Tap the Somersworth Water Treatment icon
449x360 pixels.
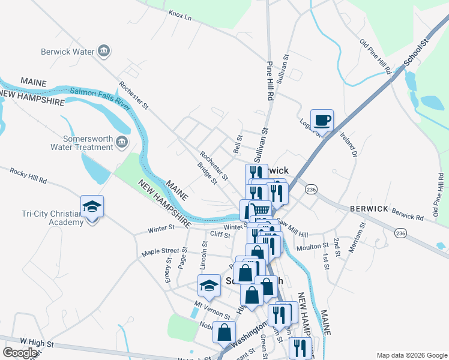point(122,142)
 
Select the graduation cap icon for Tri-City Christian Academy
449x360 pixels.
point(92,207)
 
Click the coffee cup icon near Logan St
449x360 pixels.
point(322,120)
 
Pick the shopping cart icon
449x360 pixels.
point(259,209)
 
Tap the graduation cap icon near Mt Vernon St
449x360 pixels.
point(209,286)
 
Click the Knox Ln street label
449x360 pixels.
point(179,15)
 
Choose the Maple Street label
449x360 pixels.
point(160,251)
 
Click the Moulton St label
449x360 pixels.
point(312,246)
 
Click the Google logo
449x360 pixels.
point(20,353)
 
